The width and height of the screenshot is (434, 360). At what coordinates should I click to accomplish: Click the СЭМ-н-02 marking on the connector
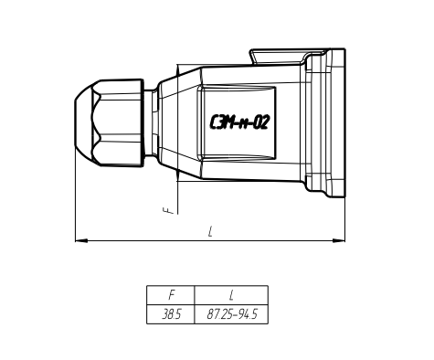[239, 122]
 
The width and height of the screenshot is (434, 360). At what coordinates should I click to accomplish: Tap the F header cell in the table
[171, 295]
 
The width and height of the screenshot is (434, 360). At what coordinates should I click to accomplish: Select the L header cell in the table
[231, 295]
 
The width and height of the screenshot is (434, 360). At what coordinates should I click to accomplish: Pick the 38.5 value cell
[171, 314]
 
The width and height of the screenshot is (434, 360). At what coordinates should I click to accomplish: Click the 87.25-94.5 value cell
[232, 314]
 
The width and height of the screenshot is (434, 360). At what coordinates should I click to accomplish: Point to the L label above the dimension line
[210, 231]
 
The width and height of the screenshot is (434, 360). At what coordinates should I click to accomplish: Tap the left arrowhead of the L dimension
[81, 240]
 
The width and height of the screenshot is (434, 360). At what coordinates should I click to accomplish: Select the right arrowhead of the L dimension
[339, 240]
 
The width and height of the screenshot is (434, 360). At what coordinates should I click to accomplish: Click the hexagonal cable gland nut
[118, 122]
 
